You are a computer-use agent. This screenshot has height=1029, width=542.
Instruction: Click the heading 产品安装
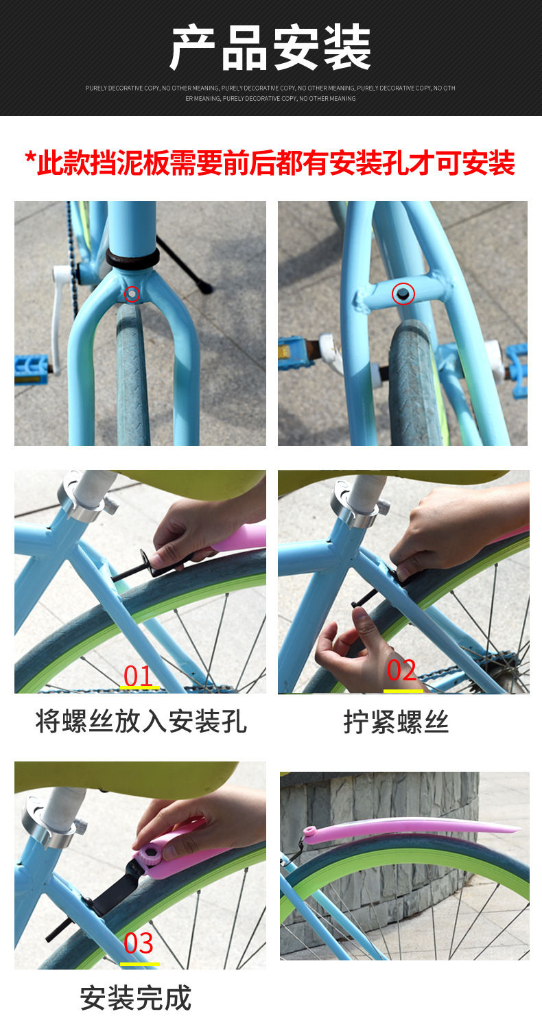(271, 48)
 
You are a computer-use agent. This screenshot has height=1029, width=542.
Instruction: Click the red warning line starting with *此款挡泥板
(270, 163)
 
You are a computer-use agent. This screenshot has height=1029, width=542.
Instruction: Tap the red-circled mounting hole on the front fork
(132, 293)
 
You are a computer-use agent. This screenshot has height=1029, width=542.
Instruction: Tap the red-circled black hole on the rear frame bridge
(403, 294)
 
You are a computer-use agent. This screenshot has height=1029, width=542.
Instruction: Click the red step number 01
(138, 676)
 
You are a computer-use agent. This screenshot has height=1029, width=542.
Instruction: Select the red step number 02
(401, 670)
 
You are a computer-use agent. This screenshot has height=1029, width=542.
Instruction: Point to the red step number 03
(139, 943)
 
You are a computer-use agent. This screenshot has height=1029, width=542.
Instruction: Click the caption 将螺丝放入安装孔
(141, 721)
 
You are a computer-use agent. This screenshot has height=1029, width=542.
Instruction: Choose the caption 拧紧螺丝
(396, 722)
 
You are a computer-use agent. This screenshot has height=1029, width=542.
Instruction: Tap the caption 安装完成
(136, 998)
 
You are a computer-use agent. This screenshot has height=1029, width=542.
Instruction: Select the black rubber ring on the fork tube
(132, 259)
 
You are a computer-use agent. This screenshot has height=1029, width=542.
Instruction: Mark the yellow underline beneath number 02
(403, 690)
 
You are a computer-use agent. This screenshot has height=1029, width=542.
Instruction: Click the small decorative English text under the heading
(270, 93)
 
